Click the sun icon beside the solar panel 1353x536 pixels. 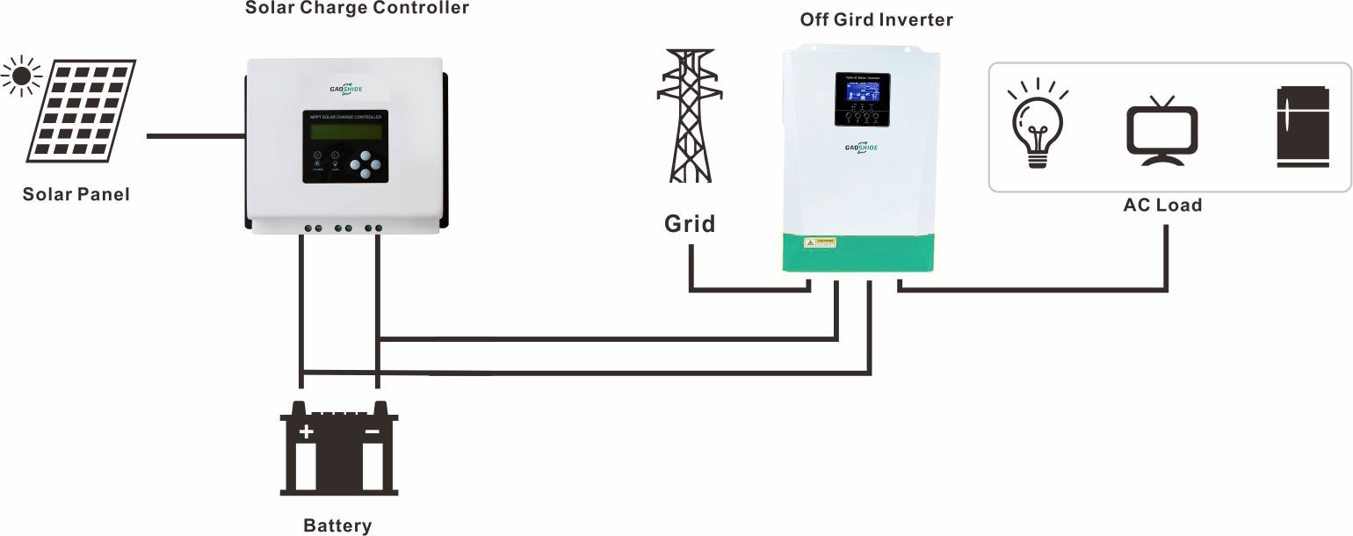[20, 76]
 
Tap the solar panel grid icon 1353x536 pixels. [82, 111]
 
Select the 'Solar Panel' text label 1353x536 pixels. [76, 194]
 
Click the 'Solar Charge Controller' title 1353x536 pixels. [357, 9]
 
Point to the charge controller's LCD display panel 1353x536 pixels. [346, 131]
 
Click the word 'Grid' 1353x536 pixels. [690, 224]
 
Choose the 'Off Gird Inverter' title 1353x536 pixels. [876, 20]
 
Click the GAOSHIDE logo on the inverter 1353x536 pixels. [862, 147]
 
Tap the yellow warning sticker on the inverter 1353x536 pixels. [821, 241]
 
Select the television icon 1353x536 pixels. [1161, 132]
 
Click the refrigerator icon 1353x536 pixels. [1301, 127]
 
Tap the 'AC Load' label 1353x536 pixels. [1162, 206]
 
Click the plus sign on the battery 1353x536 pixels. [306, 431]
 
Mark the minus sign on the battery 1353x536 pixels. [373, 431]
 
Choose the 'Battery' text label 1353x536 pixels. [337, 526]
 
